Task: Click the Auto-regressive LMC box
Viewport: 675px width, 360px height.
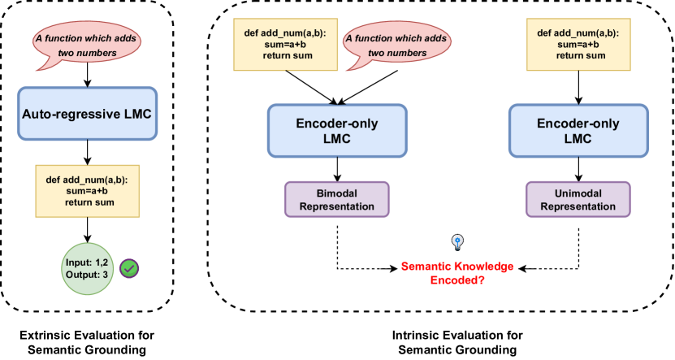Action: coord(86,115)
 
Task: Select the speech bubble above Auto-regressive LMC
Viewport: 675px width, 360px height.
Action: coord(86,45)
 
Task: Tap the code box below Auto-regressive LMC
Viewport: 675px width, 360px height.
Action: coord(86,191)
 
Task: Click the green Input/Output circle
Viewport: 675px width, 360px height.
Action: coord(89,267)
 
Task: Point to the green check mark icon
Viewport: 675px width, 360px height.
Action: coord(129,268)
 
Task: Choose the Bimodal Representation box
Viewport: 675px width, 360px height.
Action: coord(336,199)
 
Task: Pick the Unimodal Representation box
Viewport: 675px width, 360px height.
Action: coord(578,199)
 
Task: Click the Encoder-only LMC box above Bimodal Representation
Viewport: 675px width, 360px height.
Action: coord(336,131)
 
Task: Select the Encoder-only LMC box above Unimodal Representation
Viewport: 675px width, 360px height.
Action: coord(578,131)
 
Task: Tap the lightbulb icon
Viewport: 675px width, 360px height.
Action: coord(457,241)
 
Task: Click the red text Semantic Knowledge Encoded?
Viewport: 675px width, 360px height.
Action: coord(457,273)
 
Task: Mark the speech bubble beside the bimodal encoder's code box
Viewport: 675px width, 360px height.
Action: coord(396,46)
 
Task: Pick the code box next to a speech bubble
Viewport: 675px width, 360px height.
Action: coord(286,45)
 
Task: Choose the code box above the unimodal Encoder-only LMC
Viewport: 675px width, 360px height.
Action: coord(578,45)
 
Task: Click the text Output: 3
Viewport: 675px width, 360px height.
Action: coord(89,275)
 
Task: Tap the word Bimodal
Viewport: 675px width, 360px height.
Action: coord(336,193)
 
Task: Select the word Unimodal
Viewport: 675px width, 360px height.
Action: coord(578,193)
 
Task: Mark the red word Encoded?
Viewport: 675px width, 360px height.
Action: coord(457,280)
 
